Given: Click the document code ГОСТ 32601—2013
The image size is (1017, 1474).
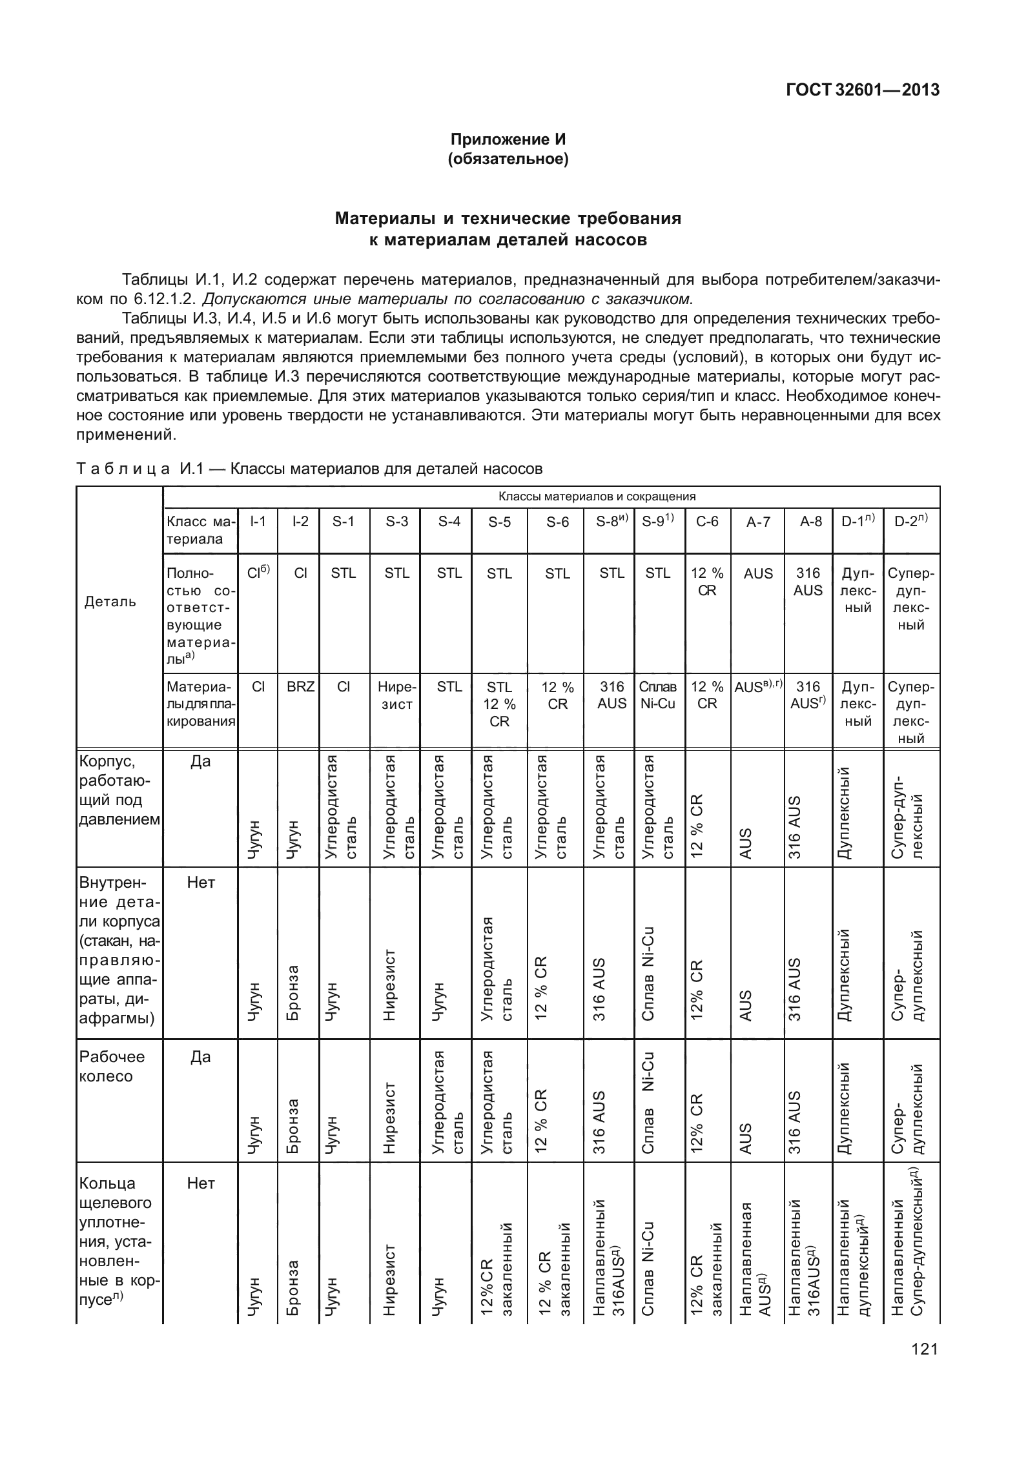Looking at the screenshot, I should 862,90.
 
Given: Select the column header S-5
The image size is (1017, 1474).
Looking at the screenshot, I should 498,522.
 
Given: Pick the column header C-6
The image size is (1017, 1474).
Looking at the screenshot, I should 707,522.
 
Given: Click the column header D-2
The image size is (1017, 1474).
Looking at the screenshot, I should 911,522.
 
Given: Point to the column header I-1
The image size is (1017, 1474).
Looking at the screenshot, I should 258,521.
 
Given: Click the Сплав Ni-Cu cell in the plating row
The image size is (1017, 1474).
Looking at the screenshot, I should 658,695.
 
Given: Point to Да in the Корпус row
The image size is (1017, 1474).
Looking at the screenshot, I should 200,762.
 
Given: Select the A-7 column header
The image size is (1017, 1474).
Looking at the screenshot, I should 758,522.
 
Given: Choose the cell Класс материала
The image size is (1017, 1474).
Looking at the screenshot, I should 200,530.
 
